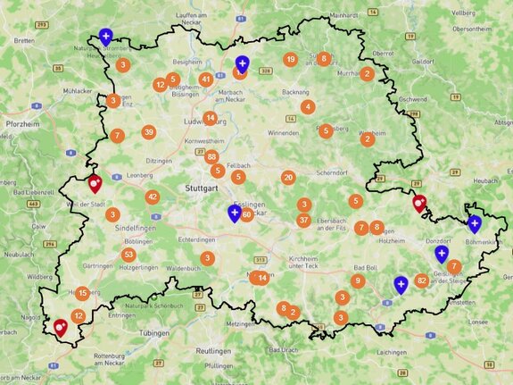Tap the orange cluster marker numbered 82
tap(422, 280)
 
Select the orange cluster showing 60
tap(246, 214)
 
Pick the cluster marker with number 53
tap(129, 255)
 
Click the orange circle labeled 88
tap(211, 157)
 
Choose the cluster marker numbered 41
tap(206, 79)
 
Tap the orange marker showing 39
tap(148, 132)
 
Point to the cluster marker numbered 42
tap(153, 197)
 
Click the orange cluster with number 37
tap(304, 221)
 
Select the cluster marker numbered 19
tap(290, 59)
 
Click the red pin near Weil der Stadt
tap(95, 183)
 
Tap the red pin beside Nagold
tap(61, 328)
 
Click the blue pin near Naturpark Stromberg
tap(106, 37)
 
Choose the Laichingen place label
tap(390, 354)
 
